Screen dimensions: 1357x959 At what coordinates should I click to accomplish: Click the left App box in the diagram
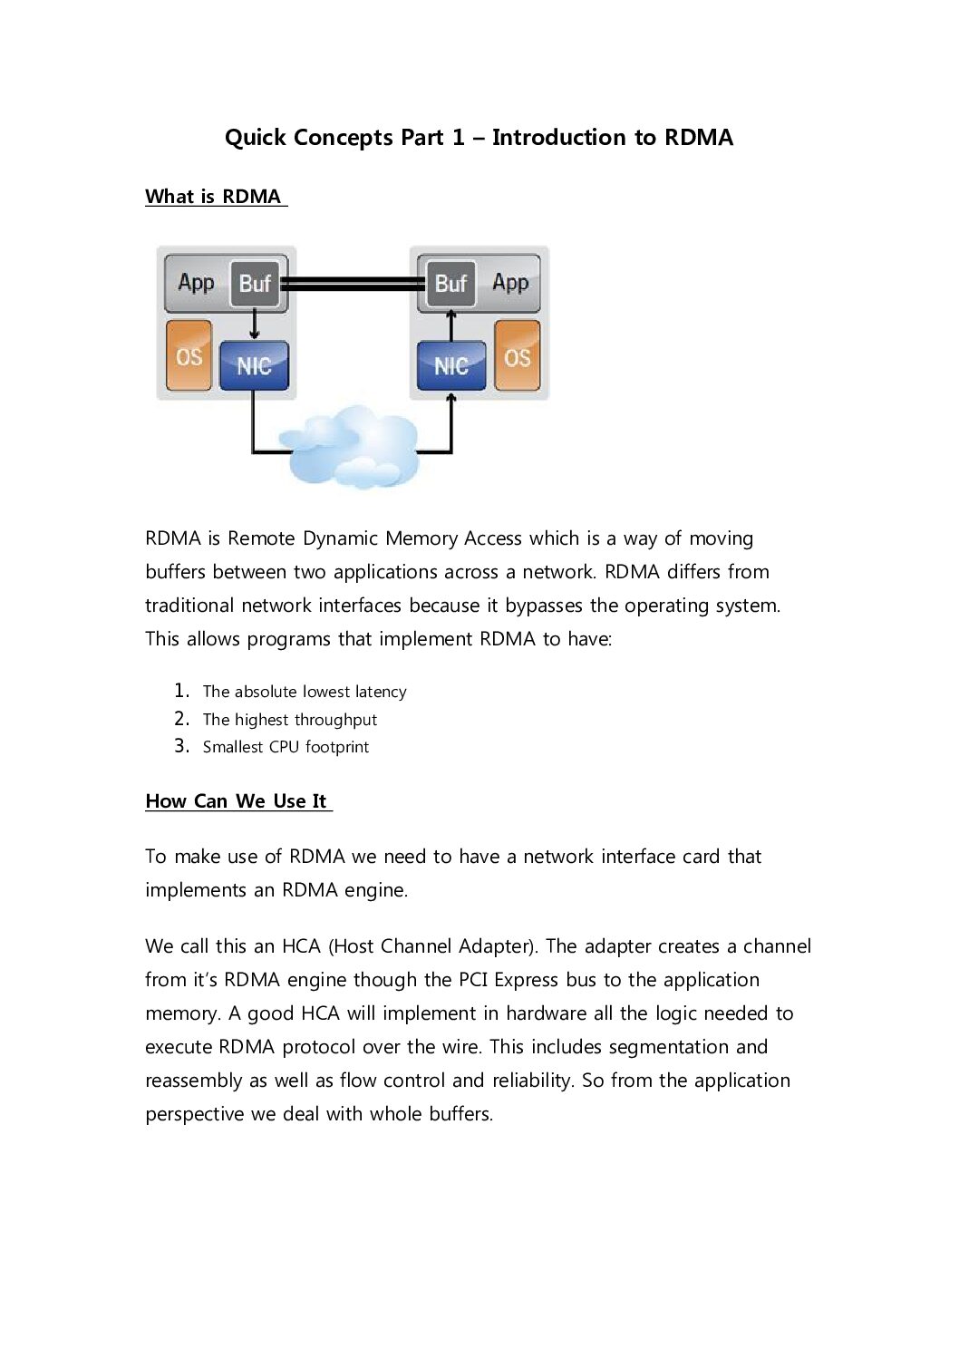coord(196,283)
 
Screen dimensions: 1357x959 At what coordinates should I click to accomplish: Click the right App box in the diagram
coord(510,283)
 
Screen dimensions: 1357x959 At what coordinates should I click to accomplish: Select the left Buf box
coord(255,284)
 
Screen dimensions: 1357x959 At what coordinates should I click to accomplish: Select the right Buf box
coord(450,284)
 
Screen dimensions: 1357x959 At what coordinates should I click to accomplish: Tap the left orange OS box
coord(189,356)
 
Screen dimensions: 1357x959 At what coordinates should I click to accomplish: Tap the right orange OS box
coord(517,356)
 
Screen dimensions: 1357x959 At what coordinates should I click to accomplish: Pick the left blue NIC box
coord(254,365)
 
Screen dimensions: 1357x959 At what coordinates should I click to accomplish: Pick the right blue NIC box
coord(450,365)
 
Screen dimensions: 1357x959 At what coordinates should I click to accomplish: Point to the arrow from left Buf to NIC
coord(255,324)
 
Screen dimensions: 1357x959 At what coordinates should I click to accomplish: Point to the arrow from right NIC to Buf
coord(450,324)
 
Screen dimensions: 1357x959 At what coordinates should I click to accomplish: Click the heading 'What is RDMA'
coord(213,197)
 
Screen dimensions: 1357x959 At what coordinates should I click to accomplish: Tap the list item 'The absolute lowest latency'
coord(305,692)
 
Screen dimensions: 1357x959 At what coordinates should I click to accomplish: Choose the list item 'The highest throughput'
coord(290,720)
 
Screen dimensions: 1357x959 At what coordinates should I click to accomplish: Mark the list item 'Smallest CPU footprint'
coord(286,747)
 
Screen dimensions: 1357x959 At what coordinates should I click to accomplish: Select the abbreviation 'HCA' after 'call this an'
coord(301,946)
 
